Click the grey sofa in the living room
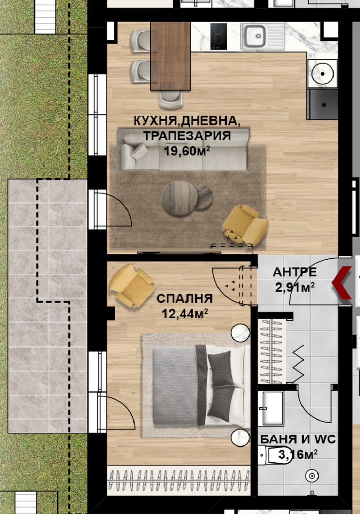tap(183, 150)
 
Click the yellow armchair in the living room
tap(246, 224)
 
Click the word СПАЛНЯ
tap(184, 298)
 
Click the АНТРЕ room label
tap(295, 272)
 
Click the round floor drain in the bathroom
tap(311, 475)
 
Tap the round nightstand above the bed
tap(240, 334)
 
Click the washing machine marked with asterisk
tap(323, 104)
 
